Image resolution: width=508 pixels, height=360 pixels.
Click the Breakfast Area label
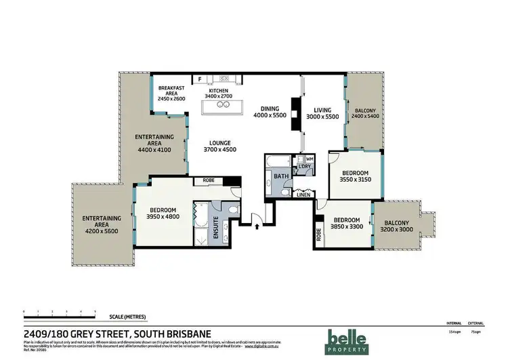pos(171,94)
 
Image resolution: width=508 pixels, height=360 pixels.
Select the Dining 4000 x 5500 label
pos(270,112)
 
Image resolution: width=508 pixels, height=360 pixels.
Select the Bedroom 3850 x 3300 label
pos(347,223)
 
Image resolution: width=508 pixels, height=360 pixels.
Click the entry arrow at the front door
pos(257,227)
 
